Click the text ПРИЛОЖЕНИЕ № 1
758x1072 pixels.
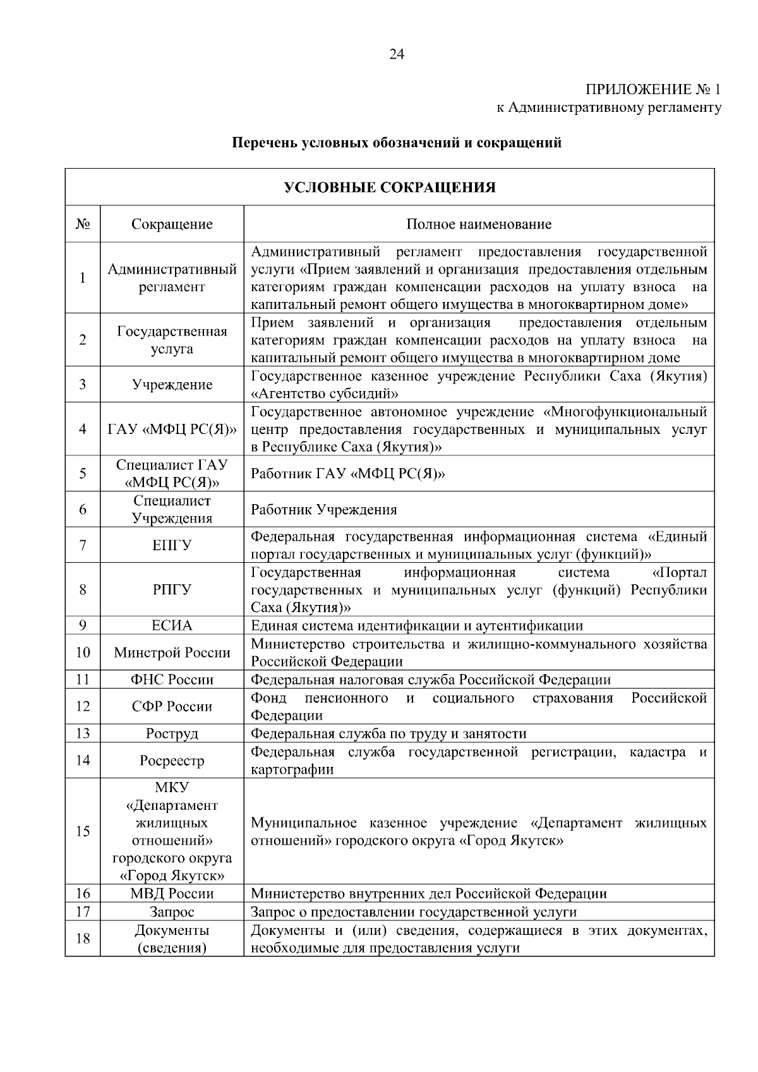[654, 89]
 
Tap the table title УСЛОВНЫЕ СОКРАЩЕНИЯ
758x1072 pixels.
[390, 188]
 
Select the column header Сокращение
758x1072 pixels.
[172, 224]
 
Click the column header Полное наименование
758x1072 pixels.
[479, 224]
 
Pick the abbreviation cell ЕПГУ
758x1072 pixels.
[172, 545]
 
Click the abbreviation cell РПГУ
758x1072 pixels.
[172, 590]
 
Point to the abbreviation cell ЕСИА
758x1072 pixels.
[172, 626]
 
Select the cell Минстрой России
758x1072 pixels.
[172, 653]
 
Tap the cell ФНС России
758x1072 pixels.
[172, 680]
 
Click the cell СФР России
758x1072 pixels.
[172, 706]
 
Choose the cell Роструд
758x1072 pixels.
[172, 733]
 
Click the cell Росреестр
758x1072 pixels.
[172, 761]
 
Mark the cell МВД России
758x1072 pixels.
[172, 894]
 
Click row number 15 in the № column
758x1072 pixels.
[83, 831]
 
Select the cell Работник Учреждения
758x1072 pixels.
[324, 510]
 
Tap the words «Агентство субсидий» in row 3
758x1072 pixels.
[325, 394]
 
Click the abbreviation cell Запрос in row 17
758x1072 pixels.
[172, 912]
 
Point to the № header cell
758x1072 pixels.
[83, 224]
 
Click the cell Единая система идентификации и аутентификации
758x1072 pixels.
[417, 626]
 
